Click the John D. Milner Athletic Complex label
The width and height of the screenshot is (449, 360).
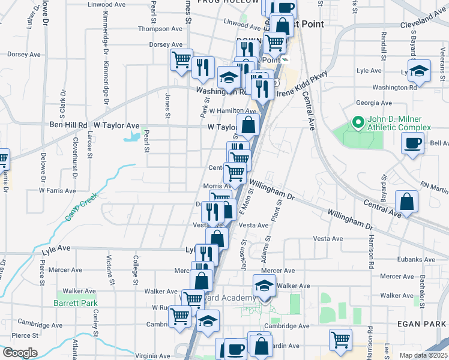(x=400, y=122)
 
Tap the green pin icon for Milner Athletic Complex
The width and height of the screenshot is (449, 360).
(x=358, y=123)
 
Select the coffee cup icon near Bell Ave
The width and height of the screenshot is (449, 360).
(x=412, y=143)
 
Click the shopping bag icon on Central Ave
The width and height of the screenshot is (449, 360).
(x=407, y=202)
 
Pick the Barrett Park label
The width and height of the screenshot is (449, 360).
(x=75, y=304)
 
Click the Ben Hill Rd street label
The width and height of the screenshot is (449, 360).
(x=67, y=126)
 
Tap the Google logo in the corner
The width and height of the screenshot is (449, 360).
(x=20, y=353)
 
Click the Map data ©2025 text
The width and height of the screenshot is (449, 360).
(x=423, y=355)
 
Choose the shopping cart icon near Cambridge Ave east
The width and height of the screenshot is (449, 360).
(x=340, y=340)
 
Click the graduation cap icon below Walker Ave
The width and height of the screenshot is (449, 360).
(x=264, y=285)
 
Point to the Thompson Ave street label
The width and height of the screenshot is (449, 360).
(x=160, y=28)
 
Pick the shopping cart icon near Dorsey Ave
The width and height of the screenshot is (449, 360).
(x=181, y=59)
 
